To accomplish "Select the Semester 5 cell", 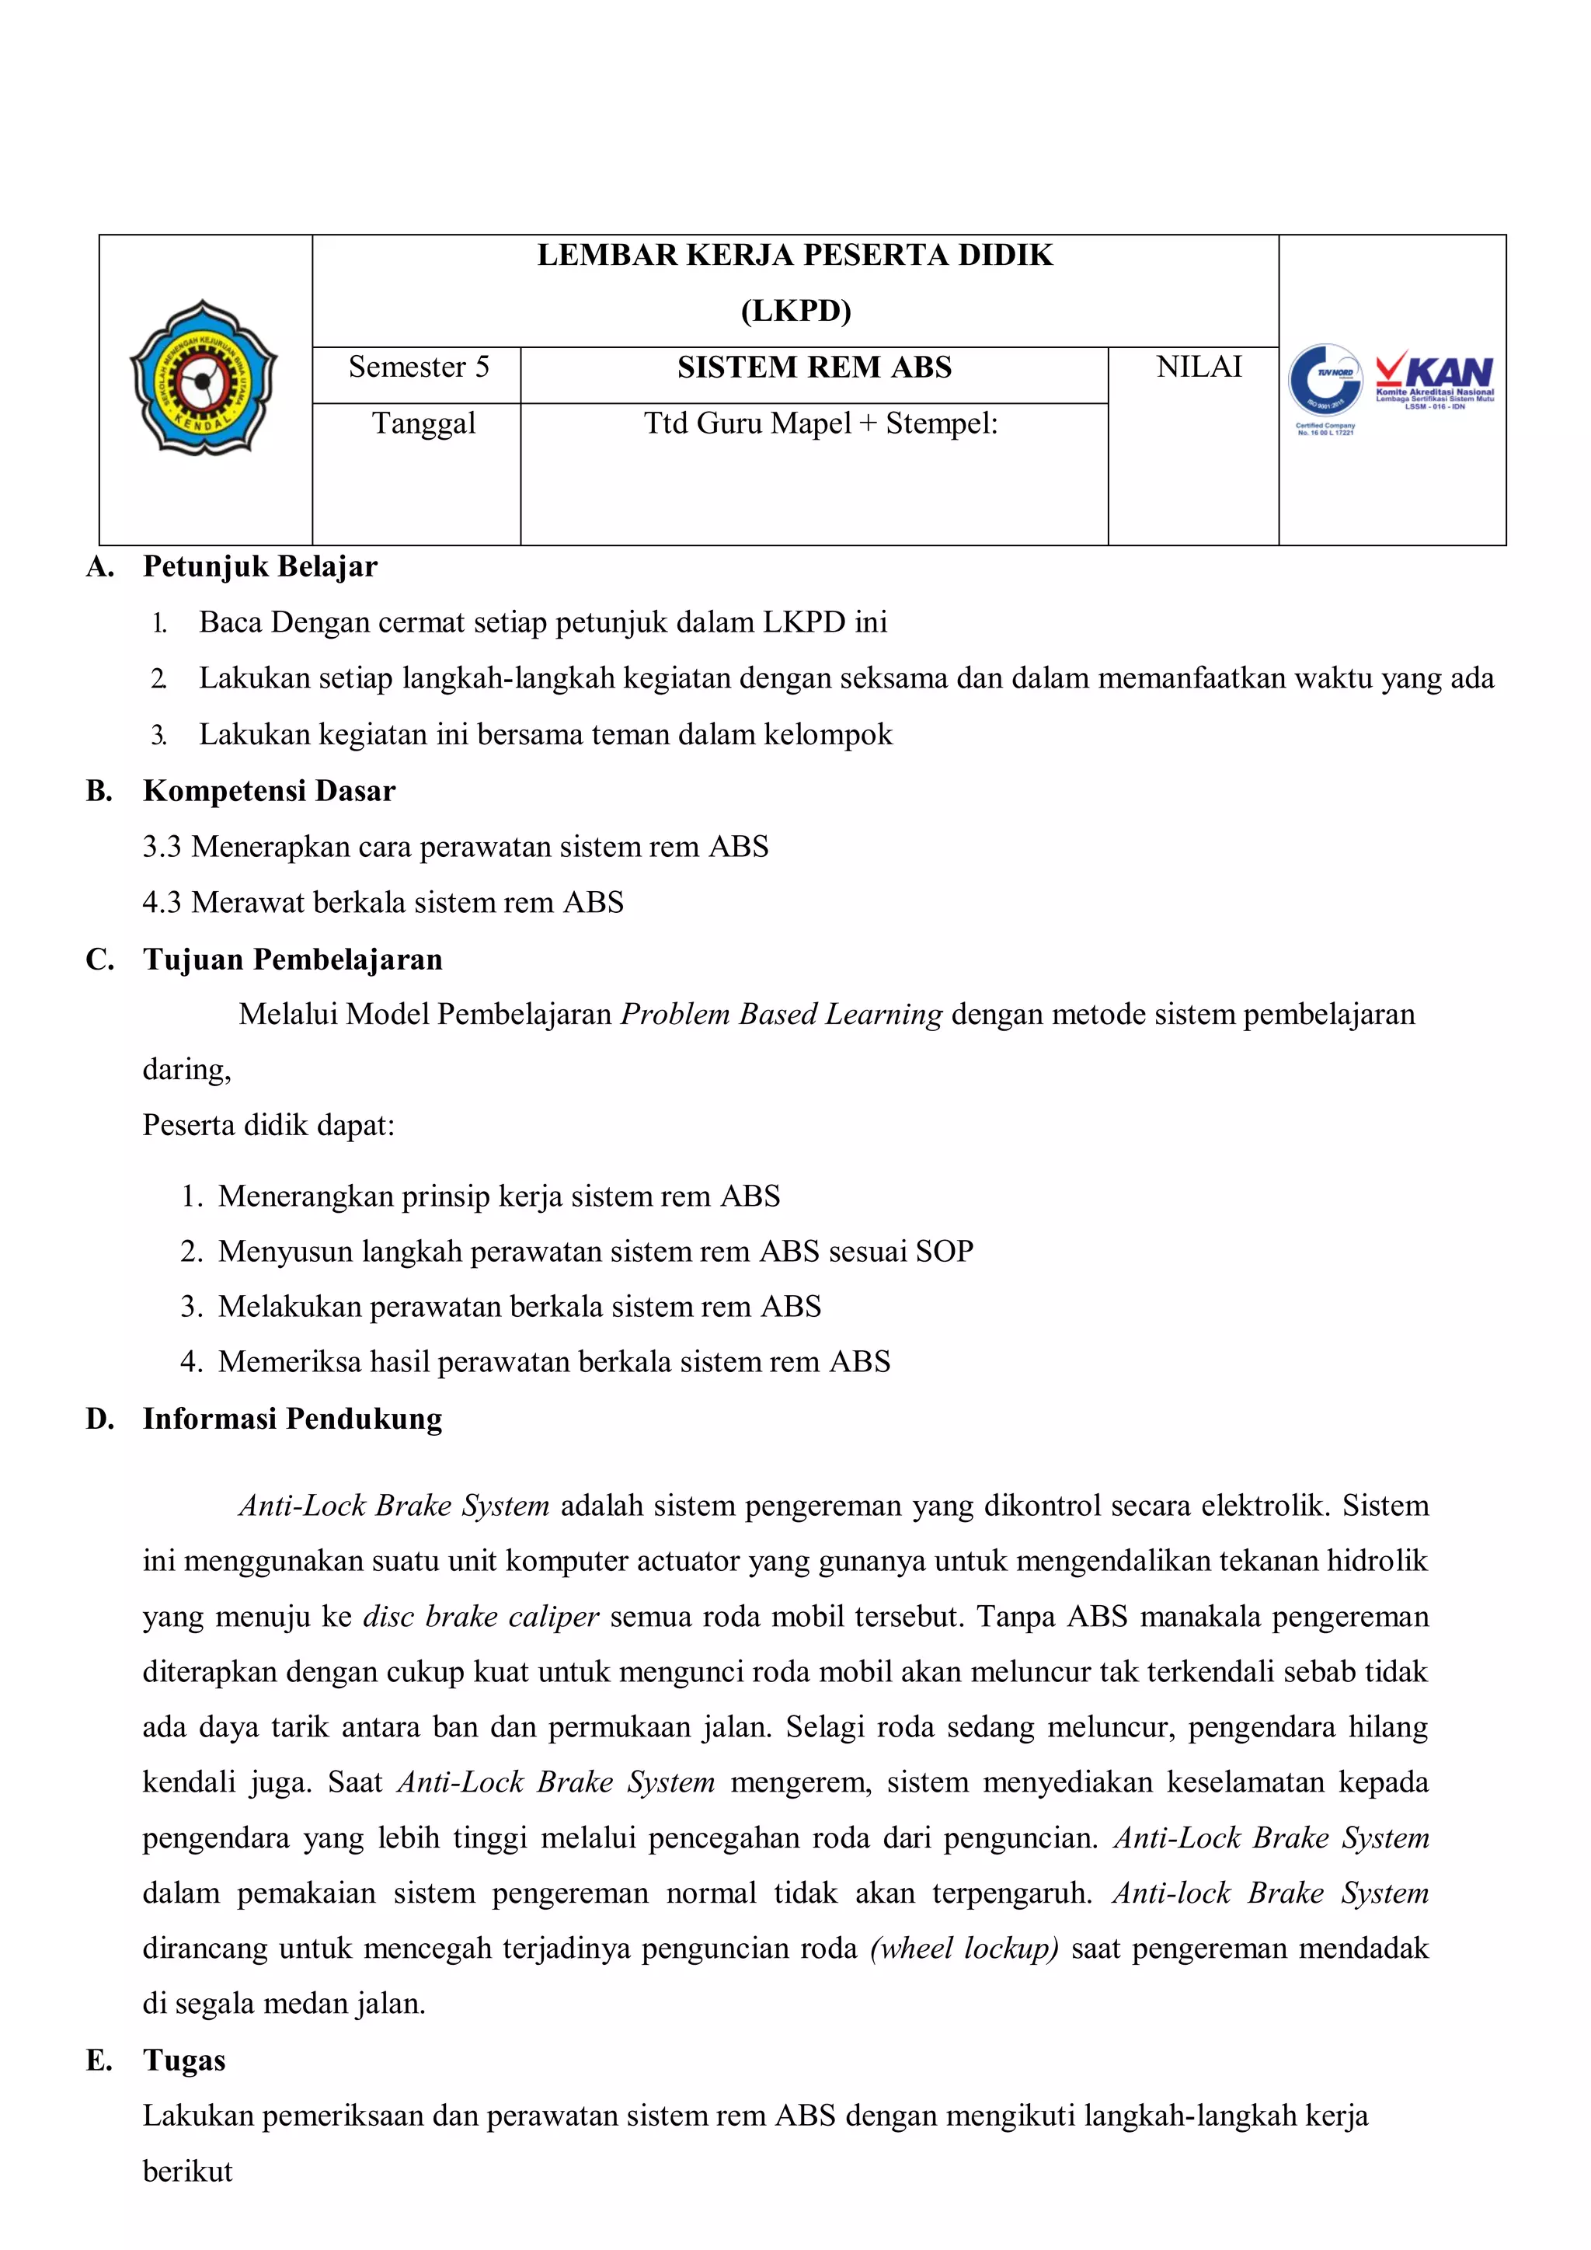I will click(418, 367).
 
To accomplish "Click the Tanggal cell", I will click(423, 423).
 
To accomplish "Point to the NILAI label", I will click(1198, 367).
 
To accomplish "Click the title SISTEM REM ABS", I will click(814, 367).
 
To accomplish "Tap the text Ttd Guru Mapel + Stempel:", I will click(820, 423).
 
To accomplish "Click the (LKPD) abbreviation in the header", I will click(795, 311).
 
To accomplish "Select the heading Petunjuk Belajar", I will click(259, 566).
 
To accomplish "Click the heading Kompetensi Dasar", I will click(269, 791).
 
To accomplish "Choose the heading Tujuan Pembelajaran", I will click(292, 959).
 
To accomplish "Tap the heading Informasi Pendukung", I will click(292, 1418).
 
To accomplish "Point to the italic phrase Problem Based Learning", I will click(781, 1014).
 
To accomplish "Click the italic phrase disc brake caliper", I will click(480, 1616).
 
